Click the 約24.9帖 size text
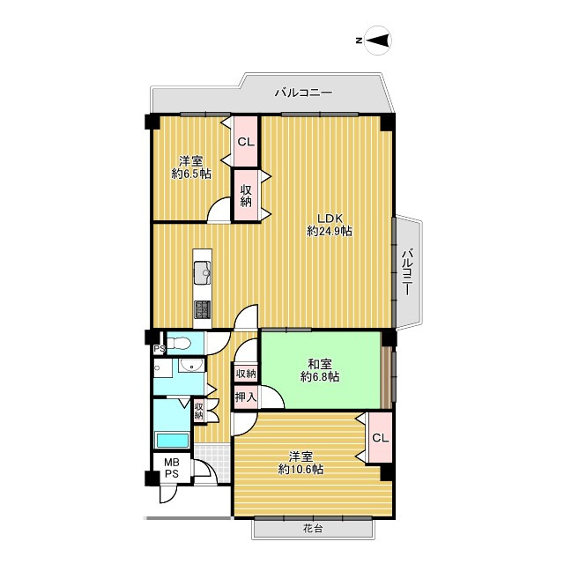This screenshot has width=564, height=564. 330,232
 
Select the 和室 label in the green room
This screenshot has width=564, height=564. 320,364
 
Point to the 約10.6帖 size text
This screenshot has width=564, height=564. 301,470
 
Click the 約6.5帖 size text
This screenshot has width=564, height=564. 191,174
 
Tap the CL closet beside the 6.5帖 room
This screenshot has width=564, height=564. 245,142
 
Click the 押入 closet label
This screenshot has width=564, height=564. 246,398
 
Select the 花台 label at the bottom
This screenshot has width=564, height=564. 315,530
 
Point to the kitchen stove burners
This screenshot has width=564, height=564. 202,309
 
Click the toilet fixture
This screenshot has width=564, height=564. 180,343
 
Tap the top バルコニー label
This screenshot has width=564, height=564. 302,91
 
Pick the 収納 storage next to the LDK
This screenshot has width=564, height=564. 245,196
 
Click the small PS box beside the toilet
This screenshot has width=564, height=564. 159,349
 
